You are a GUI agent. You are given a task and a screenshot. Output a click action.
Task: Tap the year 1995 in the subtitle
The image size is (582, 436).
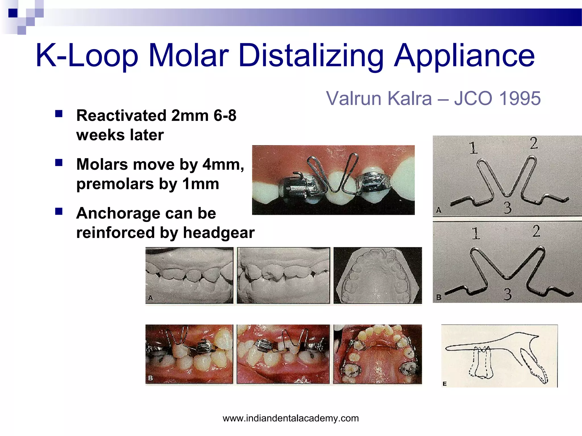pos(520,98)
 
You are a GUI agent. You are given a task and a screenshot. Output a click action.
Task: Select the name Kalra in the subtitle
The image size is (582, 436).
pos(409,98)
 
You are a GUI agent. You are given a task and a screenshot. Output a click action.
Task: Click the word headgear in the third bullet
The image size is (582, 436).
pos(219,233)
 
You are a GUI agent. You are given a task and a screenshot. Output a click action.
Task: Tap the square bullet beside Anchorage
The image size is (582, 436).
pos(59,211)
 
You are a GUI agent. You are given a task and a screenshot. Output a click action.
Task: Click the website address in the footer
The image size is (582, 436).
pos(291,418)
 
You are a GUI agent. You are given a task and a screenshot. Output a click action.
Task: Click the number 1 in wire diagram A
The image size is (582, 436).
pos(473,148)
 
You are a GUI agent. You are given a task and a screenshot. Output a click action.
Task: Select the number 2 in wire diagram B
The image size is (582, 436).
pos(536,231)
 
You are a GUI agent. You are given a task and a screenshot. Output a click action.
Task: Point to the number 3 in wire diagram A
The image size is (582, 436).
pos(508,207)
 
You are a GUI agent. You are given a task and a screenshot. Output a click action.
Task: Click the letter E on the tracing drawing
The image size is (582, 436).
pos(445,384)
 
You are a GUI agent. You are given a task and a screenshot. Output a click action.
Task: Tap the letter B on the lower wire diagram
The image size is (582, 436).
pos(439,297)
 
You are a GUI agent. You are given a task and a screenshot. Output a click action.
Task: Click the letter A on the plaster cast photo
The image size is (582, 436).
pos(151,298)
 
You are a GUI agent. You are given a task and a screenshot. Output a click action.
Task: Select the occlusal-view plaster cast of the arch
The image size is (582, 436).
pos(378,275)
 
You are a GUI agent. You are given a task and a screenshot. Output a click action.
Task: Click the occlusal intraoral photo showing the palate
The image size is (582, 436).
pos(378,354)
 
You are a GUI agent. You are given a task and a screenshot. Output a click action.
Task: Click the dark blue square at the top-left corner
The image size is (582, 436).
pos(13,13)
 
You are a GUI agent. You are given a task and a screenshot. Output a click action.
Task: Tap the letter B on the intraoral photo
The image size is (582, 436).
pos(151,378)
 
